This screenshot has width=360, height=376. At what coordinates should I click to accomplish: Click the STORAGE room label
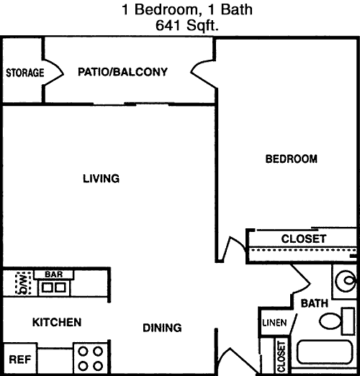pyautogui.click(x=25, y=73)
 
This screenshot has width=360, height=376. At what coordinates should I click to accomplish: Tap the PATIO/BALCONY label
pyautogui.click(x=122, y=72)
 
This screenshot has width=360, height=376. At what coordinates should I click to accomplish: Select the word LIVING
pyautogui.click(x=101, y=179)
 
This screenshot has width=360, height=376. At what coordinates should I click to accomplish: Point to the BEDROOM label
pyautogui.click(x=292, y=159)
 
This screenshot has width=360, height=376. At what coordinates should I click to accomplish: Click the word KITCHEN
pyautogui.click(x=57, y=322)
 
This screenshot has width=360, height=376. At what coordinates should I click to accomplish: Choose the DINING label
pyautogui.click(x=162, y=328)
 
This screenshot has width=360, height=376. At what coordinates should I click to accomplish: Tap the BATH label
pyautogui.click(x=315, y=303)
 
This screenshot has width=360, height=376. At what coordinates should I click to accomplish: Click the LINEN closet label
pyautogui.click(x=274, y=323)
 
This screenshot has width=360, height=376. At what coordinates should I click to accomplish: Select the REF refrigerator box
pyautogui.click(x=20, y=359)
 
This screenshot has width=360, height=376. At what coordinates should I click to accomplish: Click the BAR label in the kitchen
pyautogui.click(x=54, y=274)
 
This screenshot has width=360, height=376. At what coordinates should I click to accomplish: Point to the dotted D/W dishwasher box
pyautogui.click(x=23, y=282)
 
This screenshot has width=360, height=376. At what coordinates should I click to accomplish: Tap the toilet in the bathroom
pyautogui.click(x=337, y=321)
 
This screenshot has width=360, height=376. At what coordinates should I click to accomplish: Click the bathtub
pyautogui.click(x=325, y=352)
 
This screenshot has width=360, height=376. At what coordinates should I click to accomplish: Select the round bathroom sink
pyautogui.click(x=346, y=280)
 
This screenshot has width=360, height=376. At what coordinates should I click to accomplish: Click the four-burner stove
pyautogui.click(x=91, y=359)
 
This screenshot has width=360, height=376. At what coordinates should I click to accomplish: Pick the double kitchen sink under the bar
pyautogui.click(x=54, y=287)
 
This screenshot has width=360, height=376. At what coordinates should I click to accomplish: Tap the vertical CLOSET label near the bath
pyautogui.click(x=281, y=357)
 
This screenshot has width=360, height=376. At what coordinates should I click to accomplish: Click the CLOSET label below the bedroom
pyautogui.click(x=304, y=238)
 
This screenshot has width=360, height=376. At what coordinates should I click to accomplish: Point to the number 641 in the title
pyautogui.click(x=168, y=25)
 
